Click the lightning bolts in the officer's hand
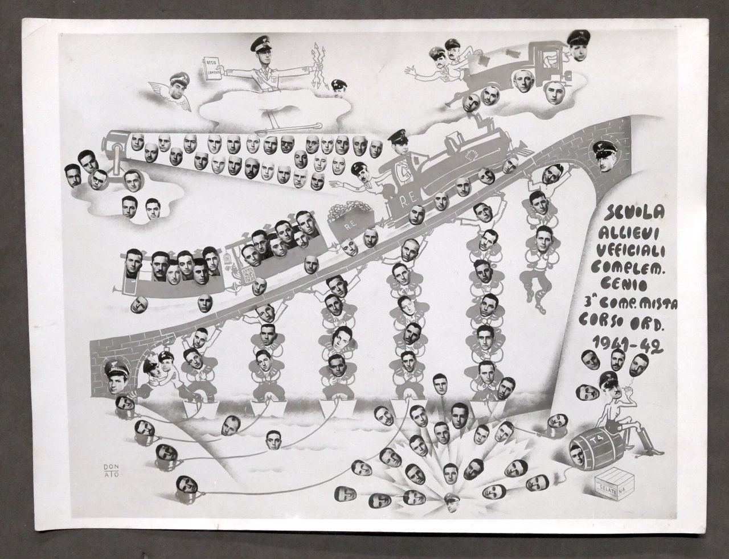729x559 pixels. pyautogui.click(x=318, y=65)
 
